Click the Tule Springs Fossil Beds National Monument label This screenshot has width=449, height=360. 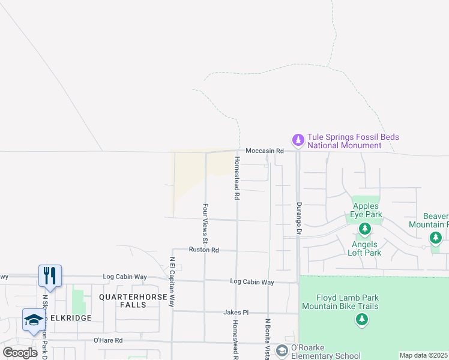click(353, 142)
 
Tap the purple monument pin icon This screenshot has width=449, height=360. click(298, 140)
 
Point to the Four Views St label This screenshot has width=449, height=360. click(205, 227)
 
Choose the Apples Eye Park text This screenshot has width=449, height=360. click(366, 210)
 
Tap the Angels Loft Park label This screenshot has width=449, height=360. click(364, 248)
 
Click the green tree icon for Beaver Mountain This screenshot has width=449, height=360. click(436, 238)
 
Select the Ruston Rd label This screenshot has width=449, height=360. click(203, 250)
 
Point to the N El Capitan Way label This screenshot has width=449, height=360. click(172, 282)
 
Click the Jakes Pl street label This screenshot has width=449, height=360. click(236, 312)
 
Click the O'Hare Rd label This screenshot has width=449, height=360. click(108, 340)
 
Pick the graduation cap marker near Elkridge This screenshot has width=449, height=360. click(34, 320)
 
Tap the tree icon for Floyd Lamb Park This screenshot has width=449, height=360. click(361, 320)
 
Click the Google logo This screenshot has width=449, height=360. click(20, 353)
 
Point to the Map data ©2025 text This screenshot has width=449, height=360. click(423, 355)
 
